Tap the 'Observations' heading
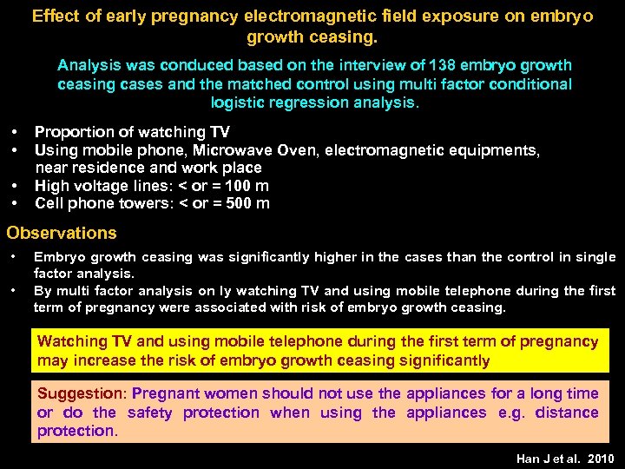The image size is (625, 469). point(62,233)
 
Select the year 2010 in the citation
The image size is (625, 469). point(600,458)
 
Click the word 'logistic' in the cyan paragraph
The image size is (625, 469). point(242,102)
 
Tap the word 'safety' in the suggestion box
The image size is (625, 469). point(150,413)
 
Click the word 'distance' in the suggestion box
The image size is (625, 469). point(566,413)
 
